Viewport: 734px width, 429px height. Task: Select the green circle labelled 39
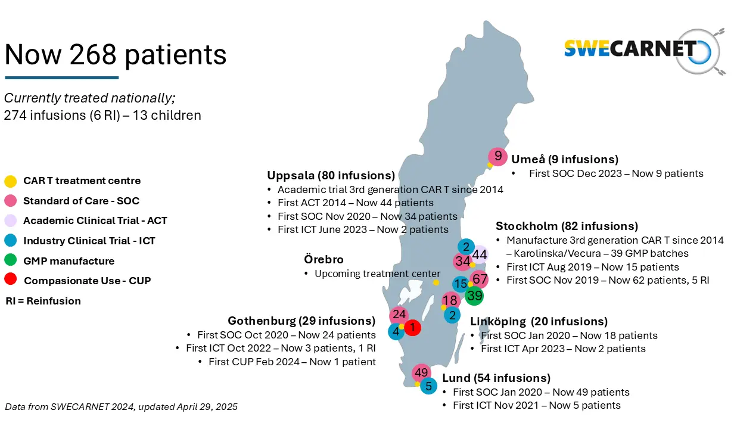click(x=474, y=296)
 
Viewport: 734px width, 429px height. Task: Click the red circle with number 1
click(x=412, y=327)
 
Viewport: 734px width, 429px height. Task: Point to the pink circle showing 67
click(x=480, y=279)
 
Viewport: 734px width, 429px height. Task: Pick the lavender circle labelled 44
click(x=480, y=255)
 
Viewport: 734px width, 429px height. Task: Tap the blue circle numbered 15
click(x=460, y=284)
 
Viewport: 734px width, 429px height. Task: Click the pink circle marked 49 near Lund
click(x=421, y=373)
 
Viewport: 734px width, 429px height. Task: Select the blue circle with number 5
click(x=428, y=386)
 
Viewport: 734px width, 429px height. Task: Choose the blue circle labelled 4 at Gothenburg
click(x=395, y=331)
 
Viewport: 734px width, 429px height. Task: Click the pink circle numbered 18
click(x=450, y=301)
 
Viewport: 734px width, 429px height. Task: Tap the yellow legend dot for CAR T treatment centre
click(x=10, y=181)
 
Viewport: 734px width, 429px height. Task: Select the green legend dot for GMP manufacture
click(x=10, y=260)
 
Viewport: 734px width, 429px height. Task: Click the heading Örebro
click(x=324, y=260)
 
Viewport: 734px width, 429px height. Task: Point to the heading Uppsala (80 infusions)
click(x=331, y=175)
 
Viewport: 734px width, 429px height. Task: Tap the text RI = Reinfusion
click(x=43, y=301)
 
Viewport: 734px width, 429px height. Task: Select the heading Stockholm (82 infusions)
click(x=567, y=226)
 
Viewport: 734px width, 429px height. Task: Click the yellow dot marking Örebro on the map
click(x=436, y=282)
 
